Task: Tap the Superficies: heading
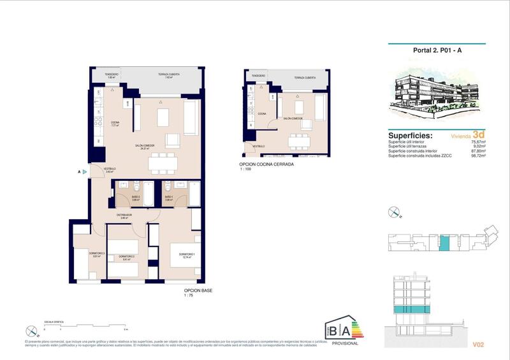(x=410, y=136)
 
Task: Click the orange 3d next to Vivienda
(x=479, y=135)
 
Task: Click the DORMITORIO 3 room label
(x=79, y=255)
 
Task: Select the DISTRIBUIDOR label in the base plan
(x=124, y=215)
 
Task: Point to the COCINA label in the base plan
(x=115, y=123)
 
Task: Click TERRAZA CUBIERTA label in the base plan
(x=168, y=75)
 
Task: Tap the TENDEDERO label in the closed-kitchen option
(x=258, y=76)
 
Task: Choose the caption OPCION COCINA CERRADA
(x=266, y=164)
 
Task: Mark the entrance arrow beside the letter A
(x=84, y=171)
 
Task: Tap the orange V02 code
(x=480, y=345)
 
